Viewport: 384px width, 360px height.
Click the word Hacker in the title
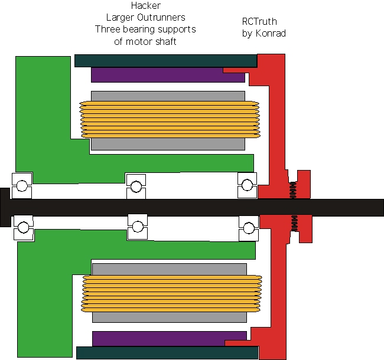point(146,6)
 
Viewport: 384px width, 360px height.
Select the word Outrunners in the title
point(161,17)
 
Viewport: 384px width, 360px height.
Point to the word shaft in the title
point(166,41)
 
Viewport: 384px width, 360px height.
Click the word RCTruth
point(259,21)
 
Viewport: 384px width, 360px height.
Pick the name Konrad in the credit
point(271,33)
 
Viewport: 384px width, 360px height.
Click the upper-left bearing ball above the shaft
point(22,186)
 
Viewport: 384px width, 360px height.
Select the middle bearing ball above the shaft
point(136,186)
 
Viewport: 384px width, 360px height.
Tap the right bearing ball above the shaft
point(247,185)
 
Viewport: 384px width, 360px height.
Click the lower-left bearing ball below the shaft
point(24,227)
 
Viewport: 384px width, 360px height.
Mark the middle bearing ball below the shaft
point(138,227)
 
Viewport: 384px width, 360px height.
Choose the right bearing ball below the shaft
point(249,228)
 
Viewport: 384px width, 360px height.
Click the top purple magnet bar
point(168,75)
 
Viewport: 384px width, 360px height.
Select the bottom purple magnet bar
point(170,339)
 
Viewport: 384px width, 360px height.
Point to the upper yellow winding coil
point(170,120)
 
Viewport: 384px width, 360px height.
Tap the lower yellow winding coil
point(171,294)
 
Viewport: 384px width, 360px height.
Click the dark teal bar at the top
point(166,61)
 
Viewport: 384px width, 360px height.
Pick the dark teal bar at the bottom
point(167,353)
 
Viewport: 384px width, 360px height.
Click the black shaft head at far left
point(5,207)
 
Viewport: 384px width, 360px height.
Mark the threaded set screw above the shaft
point(293,190)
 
